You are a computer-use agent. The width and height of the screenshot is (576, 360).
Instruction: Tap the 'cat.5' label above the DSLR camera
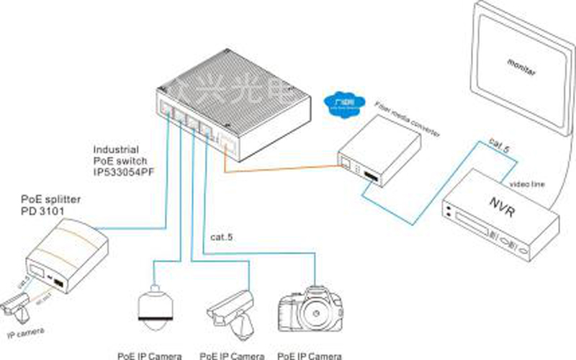click(x=225, y=235)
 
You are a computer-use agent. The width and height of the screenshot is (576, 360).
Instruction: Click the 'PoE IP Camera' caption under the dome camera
click(x=150, y=354)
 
